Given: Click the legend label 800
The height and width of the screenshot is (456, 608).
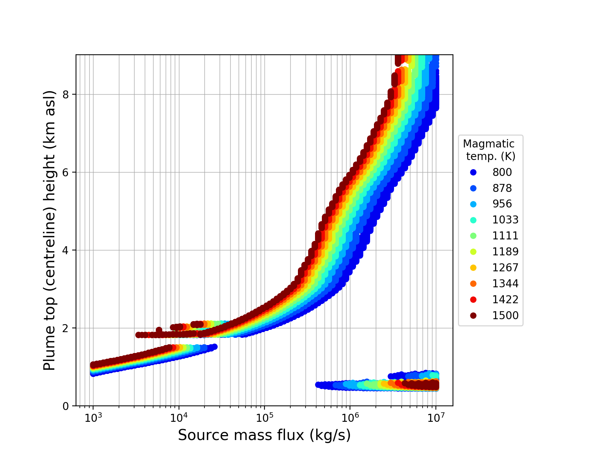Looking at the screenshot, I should tap(502, 172).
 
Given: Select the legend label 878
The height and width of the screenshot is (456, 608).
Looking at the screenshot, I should tap(502, 188).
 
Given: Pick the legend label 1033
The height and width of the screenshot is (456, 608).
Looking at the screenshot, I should tap(505, 220).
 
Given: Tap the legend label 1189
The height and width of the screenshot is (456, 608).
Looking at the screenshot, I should tap(505, 252).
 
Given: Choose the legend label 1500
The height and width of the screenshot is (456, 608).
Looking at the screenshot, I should tap(505, 315).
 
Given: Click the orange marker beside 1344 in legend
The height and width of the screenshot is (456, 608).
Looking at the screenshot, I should tap(473, 283).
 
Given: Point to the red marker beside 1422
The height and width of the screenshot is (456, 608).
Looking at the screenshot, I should tap(473, 299).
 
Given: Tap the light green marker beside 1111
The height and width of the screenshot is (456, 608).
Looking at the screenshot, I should tap(473, 236).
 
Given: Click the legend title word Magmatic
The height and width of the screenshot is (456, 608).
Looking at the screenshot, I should tap(489, 144).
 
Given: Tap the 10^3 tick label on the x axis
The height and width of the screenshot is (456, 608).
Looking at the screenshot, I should tap(93, 417).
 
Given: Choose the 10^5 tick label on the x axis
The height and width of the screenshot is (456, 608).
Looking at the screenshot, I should tap(264, 417).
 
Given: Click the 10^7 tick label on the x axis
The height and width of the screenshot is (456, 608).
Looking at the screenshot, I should tap(435, 417).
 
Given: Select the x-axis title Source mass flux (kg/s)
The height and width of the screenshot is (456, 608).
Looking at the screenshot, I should tap(264, 435).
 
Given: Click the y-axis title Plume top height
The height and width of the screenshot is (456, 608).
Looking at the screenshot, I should tap(49, 230).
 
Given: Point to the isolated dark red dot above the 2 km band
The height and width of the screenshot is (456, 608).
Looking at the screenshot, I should tap(159, 330).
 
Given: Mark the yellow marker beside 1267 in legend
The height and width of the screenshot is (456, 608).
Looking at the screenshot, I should tap(473, 268).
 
